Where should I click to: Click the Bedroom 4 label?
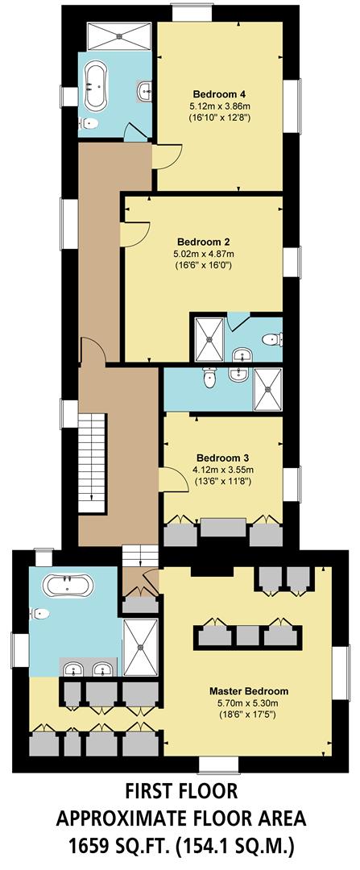[x=220, y=92]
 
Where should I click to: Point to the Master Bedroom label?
[x=248, y=691]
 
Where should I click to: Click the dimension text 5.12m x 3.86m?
[x=219, y=105]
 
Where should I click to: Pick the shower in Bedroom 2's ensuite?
[x=208, y=338]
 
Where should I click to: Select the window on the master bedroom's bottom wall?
[x=215, y=764]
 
